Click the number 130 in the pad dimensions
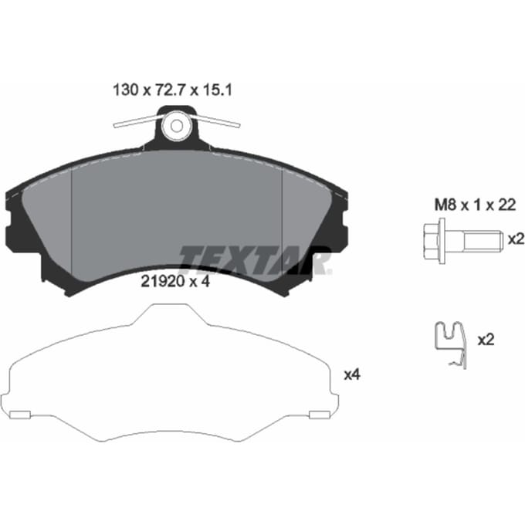pyautogui.click(x=126, y=90)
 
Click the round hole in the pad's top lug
pyautogui.click(x=177, y=126)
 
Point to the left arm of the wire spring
pyautogui.click(x=138, y=121)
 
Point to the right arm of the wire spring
pyautogui.click(x=215, y=120)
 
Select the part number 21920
pyautogui.click(x=163, y=282)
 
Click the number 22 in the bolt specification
pyautogui.click(x=507, y=205)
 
